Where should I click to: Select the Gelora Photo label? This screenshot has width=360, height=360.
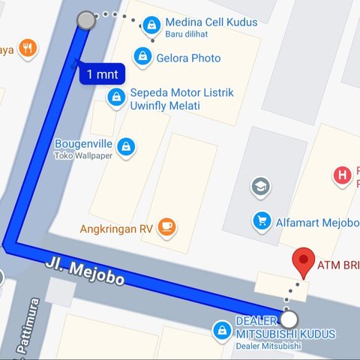click(188, 58)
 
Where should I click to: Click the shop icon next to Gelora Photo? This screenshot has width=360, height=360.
click(142, 55)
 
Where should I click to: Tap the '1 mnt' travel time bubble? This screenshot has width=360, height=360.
click(100, 73)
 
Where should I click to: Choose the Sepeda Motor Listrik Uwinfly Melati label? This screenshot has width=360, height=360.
click(182, 99)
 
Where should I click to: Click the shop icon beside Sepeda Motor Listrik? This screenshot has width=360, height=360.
click(116, 97)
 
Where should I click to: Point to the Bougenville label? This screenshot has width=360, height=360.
click(83, 144)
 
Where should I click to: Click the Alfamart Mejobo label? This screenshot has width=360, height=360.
click(319, 220)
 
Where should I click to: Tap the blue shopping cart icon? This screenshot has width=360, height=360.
click(262, 220)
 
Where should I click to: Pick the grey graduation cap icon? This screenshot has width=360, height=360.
click(261, 186)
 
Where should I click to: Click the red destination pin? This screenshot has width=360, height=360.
click(303, 262)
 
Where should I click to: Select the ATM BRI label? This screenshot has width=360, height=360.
click(339, 265)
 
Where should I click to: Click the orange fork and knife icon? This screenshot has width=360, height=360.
click(28, 49)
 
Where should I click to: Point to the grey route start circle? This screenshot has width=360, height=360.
click(86, 20)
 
